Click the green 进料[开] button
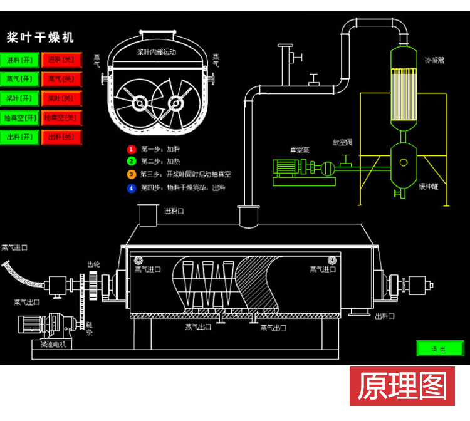coord(21,60)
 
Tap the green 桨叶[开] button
coord(21,98)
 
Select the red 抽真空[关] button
coord(61,118)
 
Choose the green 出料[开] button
coord(21,137)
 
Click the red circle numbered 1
coord(131,150)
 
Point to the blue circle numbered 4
coord(131,187)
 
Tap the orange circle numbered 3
coord(131,175)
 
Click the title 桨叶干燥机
coord(40,38)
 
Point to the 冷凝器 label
coord(434,61)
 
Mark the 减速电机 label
coord(53,345)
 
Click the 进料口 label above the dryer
coord(174,211)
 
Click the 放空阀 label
coord(343,142)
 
